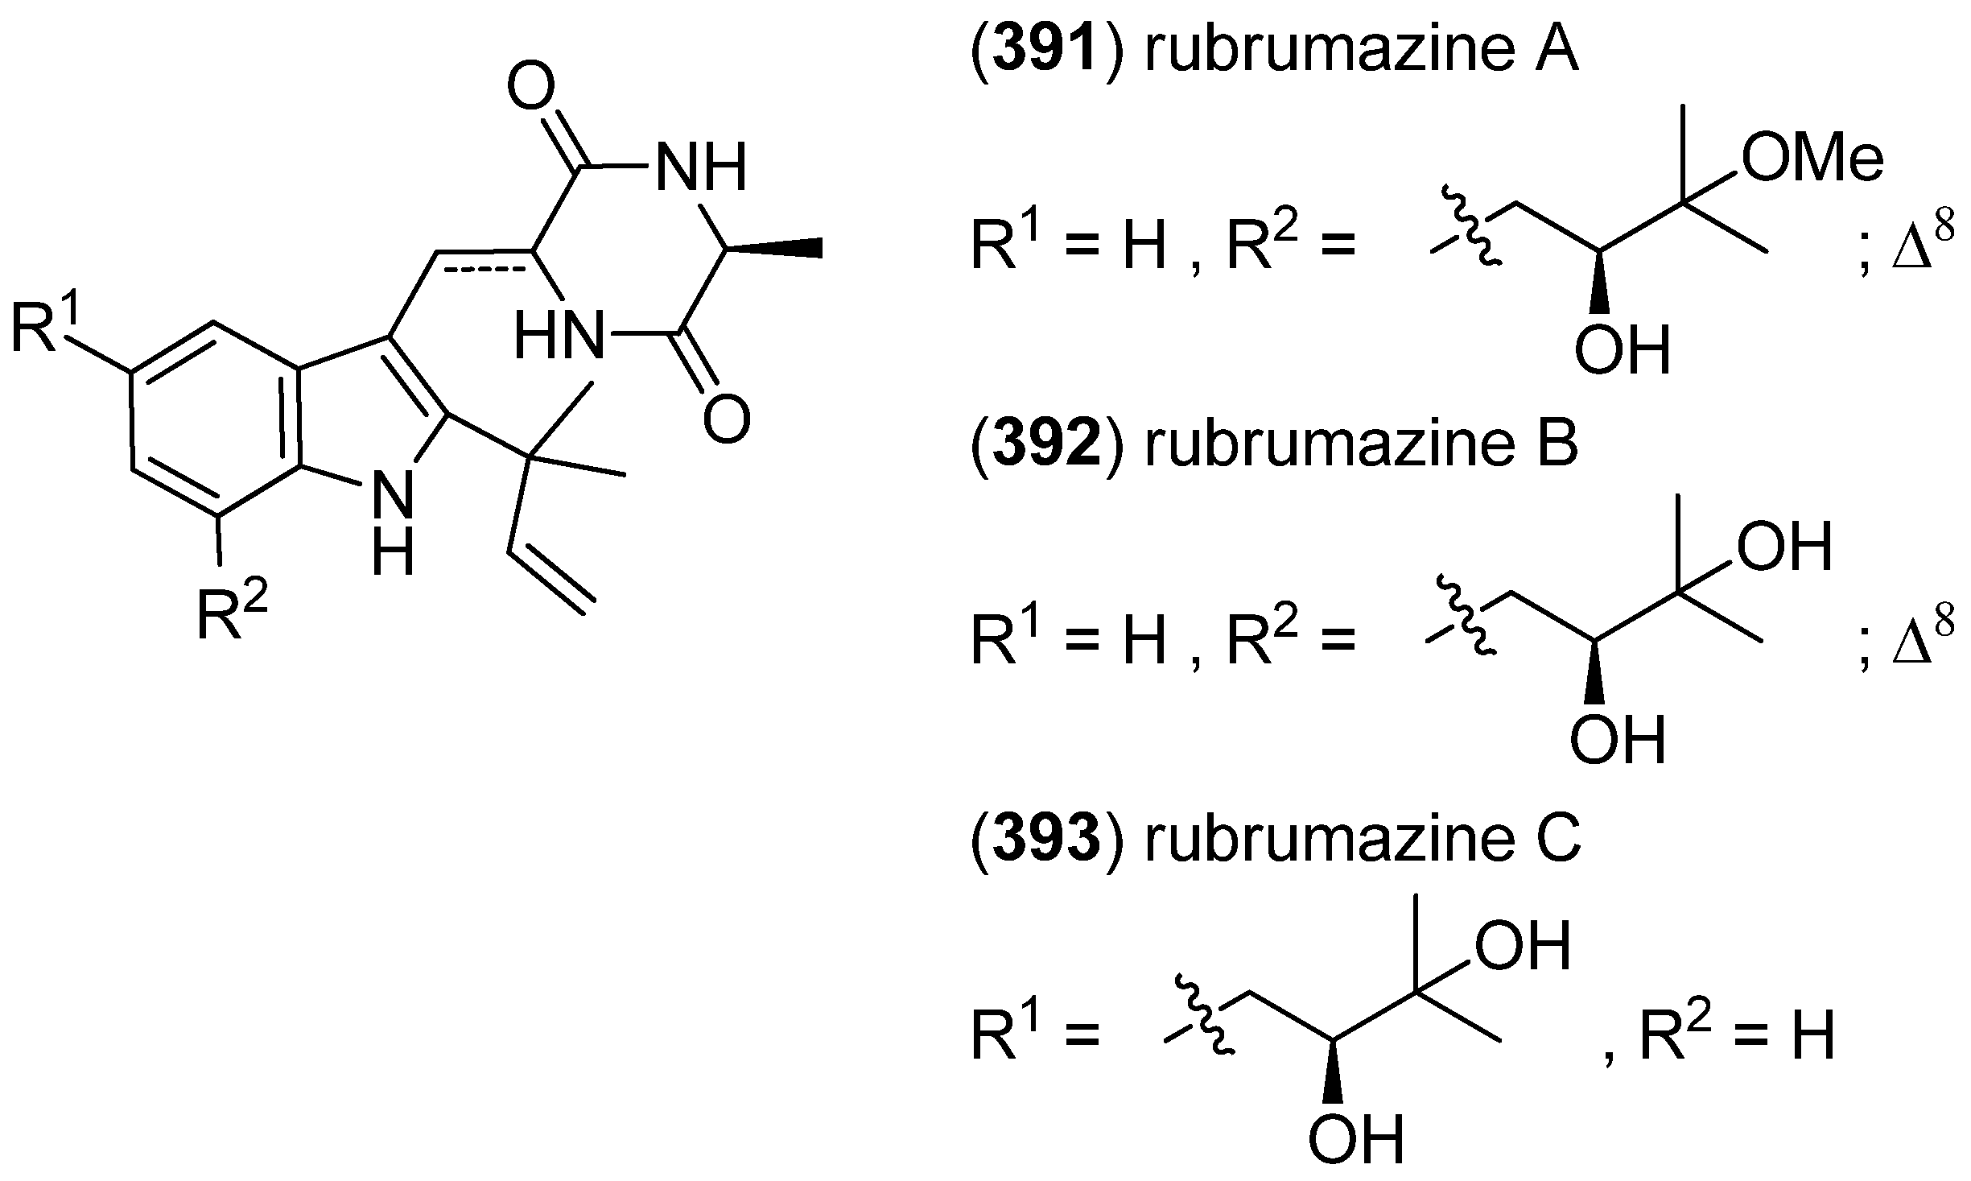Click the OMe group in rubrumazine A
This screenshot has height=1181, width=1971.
[x=1811, y=159]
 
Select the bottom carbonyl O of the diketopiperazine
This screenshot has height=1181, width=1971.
[x=726, y=419]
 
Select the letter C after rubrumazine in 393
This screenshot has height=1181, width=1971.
[x=1552, y=840]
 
